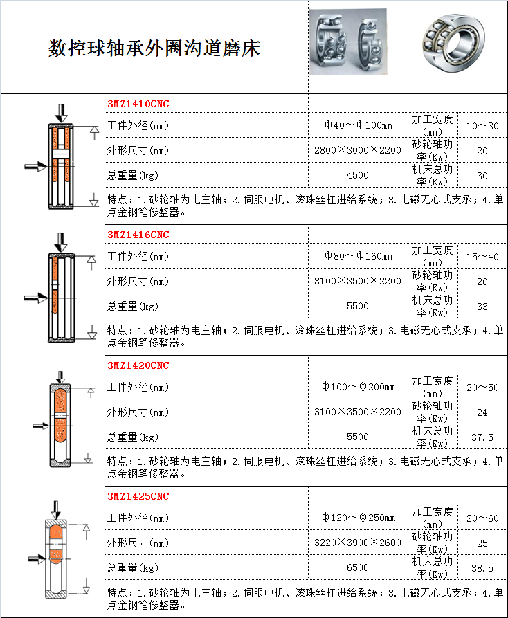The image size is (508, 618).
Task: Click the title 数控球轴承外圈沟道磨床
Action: (x=154, y=48)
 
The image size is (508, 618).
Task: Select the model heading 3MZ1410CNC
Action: (x=138, y=104)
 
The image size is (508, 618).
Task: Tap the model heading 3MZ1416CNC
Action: (x=138, y=235)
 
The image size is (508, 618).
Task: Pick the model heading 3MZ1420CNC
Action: (x=138, y=366)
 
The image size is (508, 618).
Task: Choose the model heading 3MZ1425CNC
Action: (x=138, y=497)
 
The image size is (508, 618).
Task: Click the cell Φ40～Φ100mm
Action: (x=359, y=125)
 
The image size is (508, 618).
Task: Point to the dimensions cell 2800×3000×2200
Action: (x=357, y=150)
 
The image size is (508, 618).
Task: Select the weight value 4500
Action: (x=357, y=175)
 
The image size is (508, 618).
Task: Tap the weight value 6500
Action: (x=357, y=568)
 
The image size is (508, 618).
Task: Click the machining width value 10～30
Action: (x=482, y=126)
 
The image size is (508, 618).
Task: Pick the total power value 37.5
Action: (x=482, y=437)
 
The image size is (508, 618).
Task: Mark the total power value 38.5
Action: (x=482, y=568)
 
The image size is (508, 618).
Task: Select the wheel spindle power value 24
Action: (x=482, y=412)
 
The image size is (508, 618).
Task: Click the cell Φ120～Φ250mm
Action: (x=359, y=518)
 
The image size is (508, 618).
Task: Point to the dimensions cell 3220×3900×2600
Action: (x=357, y=543)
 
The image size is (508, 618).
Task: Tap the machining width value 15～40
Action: (x=482, y=257)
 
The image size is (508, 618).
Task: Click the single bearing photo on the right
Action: (x=453, y=43)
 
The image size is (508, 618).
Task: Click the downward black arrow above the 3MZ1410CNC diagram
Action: (x=61, y=113)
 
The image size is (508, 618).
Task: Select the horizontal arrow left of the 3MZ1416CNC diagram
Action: (x=36, y=298)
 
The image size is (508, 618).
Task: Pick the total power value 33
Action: (x=482, y=307)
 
